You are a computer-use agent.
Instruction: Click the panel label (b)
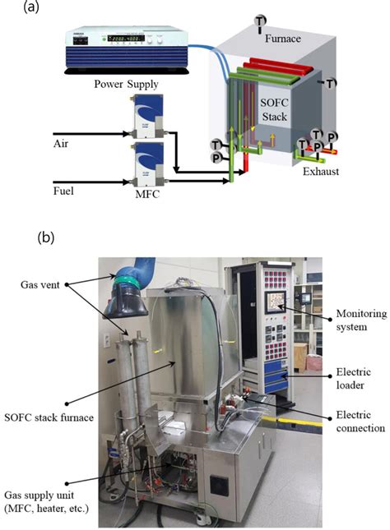pyautogui.click(x=49, y=239)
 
